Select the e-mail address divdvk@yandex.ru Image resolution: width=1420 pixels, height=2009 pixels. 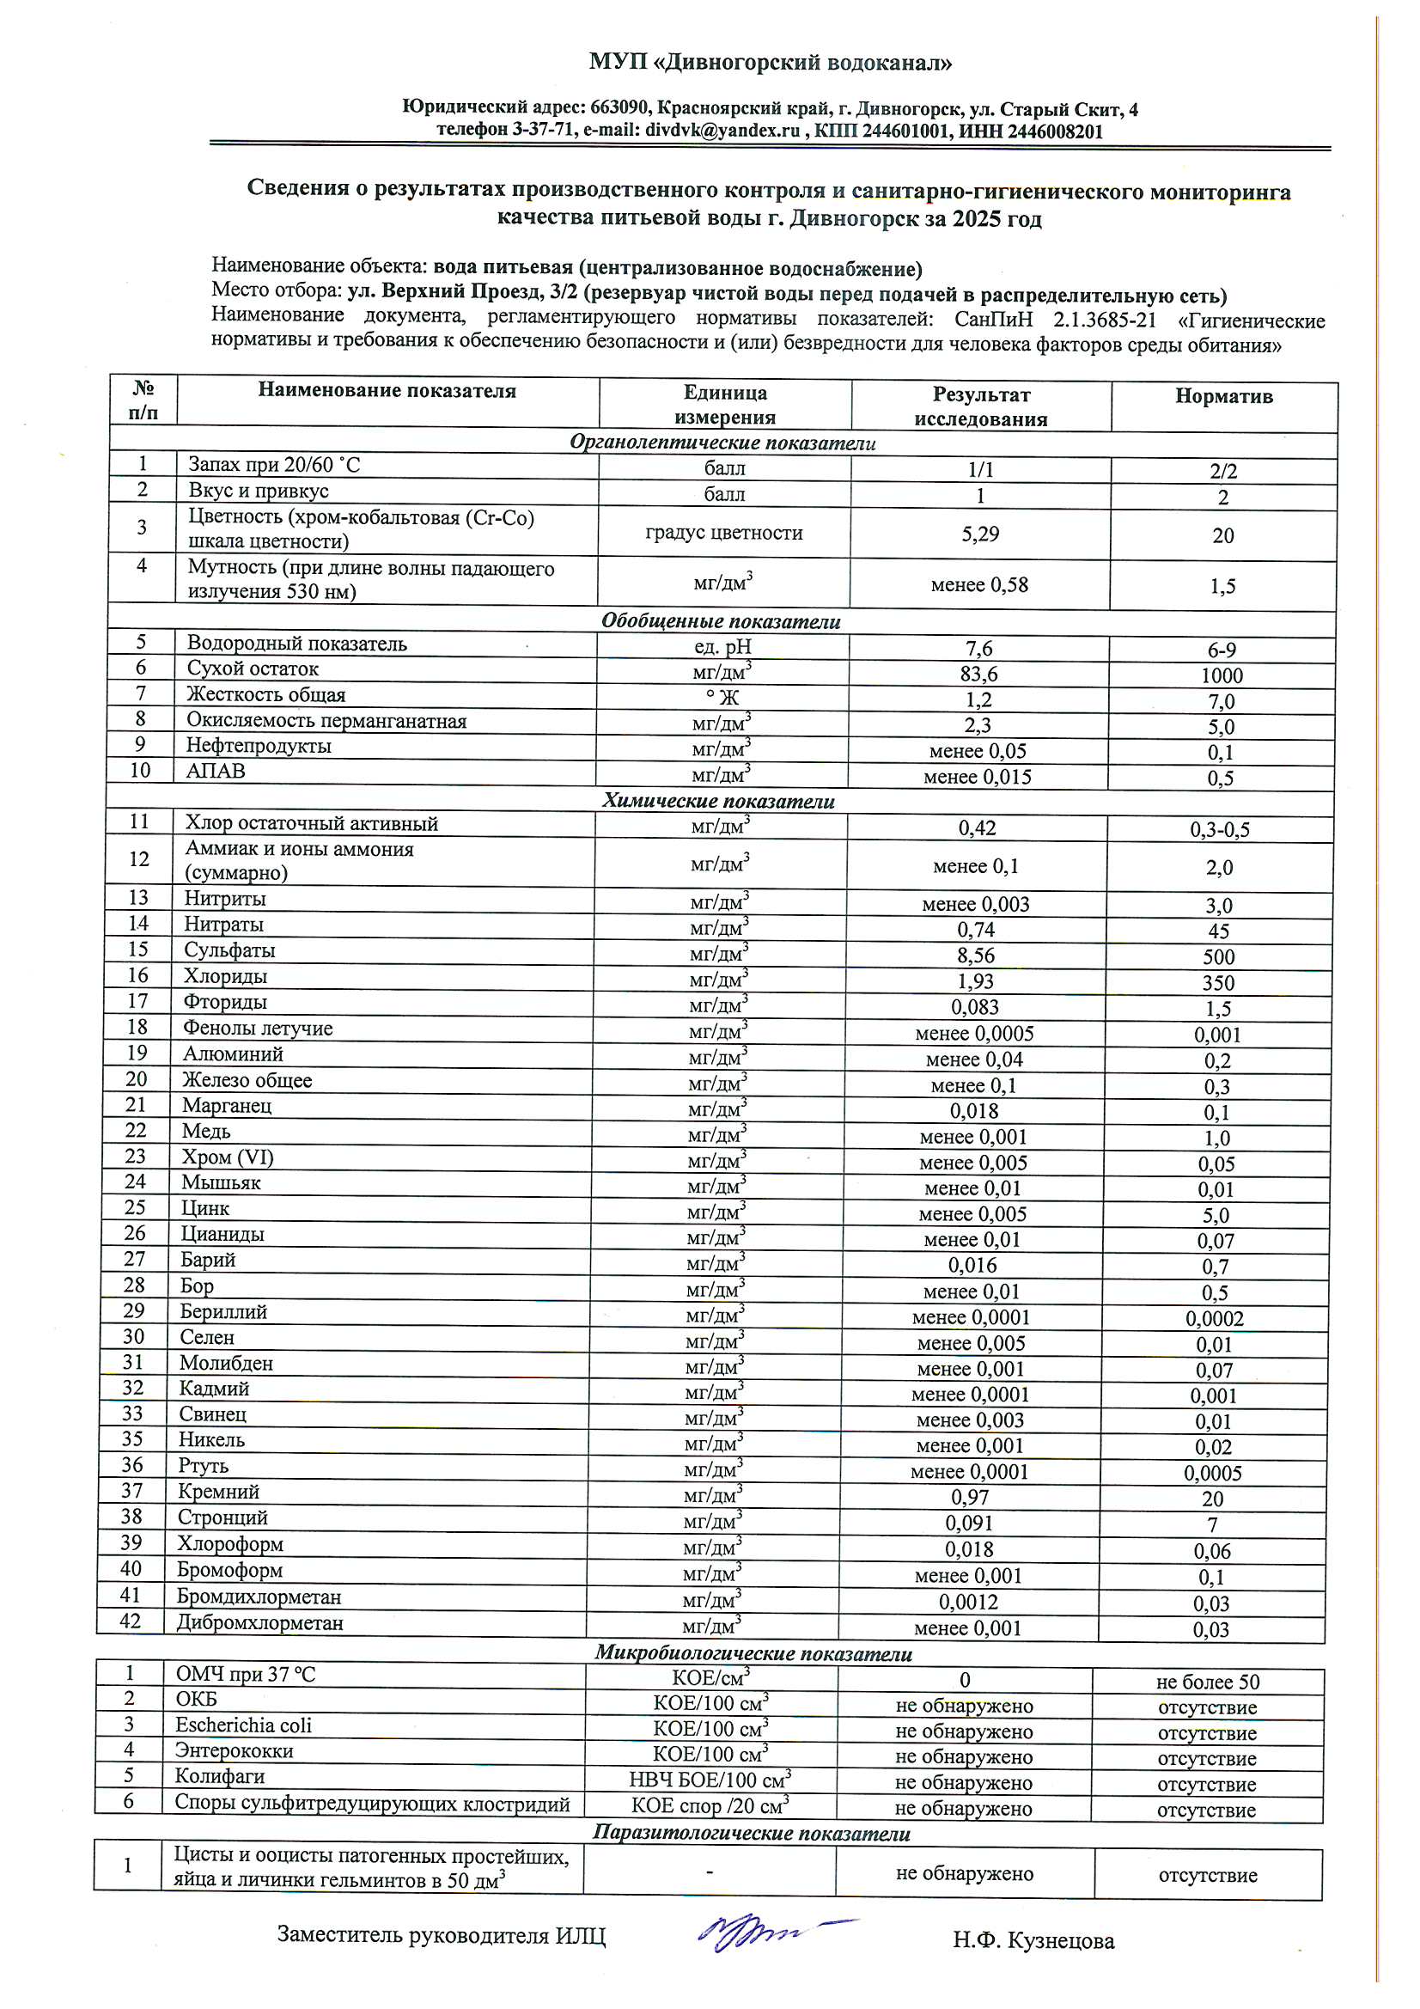(x=722, y=131)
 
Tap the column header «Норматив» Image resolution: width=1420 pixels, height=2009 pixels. (x=1223, y=396)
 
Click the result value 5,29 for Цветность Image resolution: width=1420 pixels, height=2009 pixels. (x=980, y=534)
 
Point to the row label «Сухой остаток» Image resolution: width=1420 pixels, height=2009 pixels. (x=253, y=669)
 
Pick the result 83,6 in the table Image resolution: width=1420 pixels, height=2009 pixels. (x=978, y=674)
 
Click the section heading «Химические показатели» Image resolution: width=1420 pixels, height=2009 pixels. (x=718, y=801)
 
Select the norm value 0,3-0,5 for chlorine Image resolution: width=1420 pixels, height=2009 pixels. (x=1220, y=829)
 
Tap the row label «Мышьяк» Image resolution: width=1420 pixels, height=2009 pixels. (x=222, y=1182)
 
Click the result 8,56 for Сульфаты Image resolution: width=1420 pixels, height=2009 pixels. (x=976, y=956)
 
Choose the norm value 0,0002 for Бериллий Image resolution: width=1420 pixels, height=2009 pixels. (x=1215, y=1318)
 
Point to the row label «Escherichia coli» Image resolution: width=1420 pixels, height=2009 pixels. (x=243, y=1725)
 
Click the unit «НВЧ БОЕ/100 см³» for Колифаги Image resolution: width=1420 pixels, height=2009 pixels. (x=710, y=1780)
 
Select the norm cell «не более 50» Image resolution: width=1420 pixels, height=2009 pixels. (x=1208, y=1682)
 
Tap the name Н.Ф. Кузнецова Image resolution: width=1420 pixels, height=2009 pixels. (x=1033, y=1940)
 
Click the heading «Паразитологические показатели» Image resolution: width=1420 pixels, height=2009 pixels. (x=752, y=1833)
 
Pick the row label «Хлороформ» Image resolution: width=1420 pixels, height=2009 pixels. (x=230, y=1543)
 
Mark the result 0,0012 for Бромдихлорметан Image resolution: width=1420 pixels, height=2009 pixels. (x=968, y=1602)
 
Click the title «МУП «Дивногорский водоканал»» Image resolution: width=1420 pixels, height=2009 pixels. (x=770, y=62)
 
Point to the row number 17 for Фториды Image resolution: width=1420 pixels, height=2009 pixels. (x=137, y=1001)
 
